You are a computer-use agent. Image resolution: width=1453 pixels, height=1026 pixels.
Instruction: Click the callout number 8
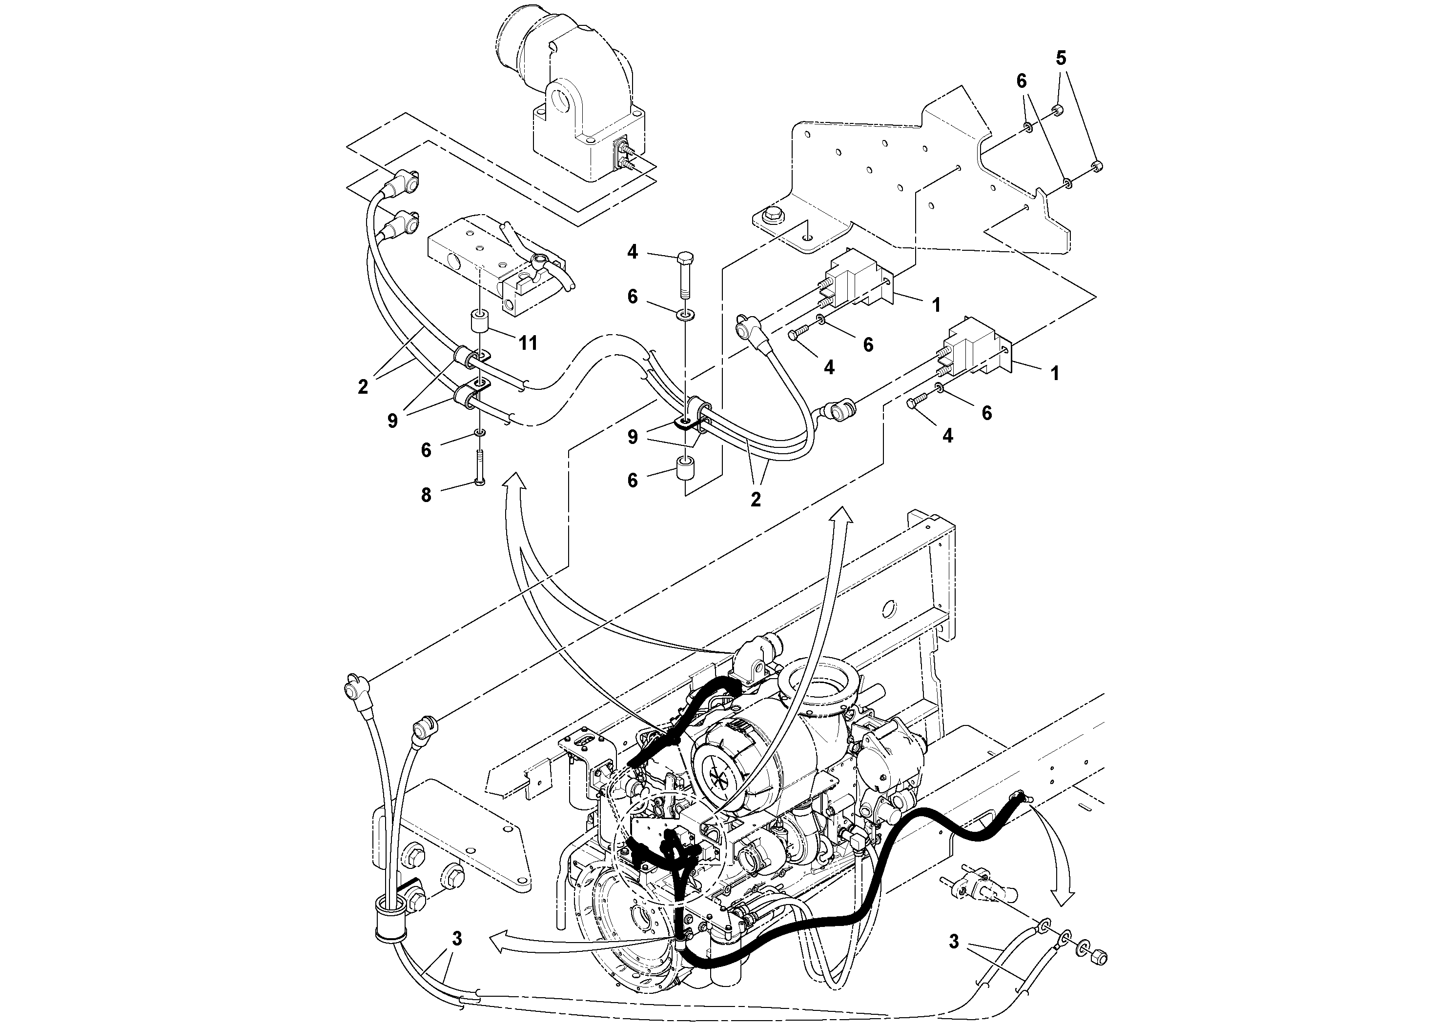tap(426, 495)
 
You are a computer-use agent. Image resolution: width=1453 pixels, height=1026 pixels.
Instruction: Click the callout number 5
tap(1061, 58)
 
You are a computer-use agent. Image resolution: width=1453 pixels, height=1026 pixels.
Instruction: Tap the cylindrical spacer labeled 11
tap(480, 324)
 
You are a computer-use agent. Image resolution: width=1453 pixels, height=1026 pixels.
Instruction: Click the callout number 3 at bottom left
tap(456, 939)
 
